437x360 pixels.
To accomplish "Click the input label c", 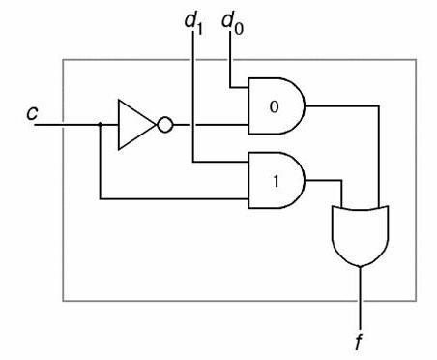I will click(33, 113).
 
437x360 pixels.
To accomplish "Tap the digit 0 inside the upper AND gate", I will click(274, 105).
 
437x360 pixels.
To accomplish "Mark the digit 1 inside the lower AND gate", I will click(274, 179).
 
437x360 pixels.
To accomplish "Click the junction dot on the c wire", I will click(101, 124).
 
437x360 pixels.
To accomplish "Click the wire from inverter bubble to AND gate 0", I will click(208, 124).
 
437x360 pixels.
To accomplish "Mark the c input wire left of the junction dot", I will click(73, 124).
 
